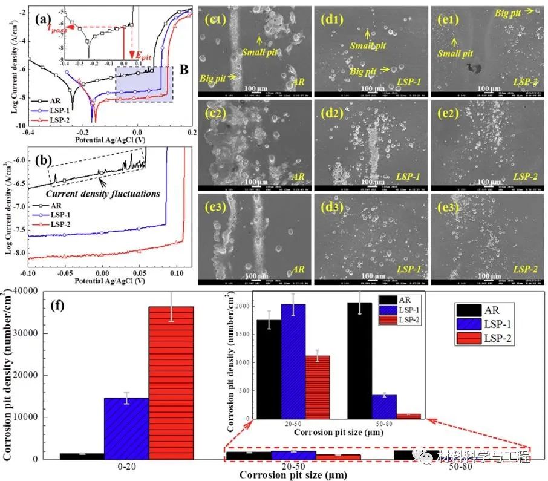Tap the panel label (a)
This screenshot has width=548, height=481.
42,19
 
